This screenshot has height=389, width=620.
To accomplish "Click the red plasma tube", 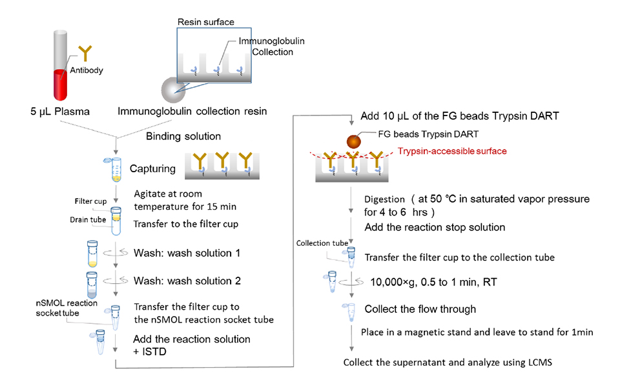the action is pyautogui.click(x=61, y=66).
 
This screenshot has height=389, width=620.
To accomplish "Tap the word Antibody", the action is pyautogui.click(x=87, y=70).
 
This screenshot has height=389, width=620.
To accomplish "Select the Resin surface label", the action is pyautogui.click(x=205, y=22).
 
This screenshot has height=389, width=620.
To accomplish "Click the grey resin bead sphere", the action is pyautogui.click(x=173, y=90).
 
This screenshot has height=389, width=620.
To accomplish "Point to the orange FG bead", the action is pyautogui.click(x=354, y=141).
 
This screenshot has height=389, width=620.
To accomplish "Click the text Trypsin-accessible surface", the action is pyautogui.click(x=452, y=151).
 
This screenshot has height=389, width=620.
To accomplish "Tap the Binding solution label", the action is pyautogui.click(x=183, y=136).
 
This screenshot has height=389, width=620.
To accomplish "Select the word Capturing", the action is pyautogui.click(x=152, y=168).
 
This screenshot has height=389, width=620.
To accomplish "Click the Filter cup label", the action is pyautogui.click(x=90, y=201).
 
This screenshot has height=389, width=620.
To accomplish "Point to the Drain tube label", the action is pyautogui.click(x=88, y=219).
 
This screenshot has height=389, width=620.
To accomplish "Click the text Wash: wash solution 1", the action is pyautogui.click(x=187, y=253).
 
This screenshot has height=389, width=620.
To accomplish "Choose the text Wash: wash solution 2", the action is pyautogui.click(x=187, y=281).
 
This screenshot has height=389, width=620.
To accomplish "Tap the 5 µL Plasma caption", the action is pyautogui.click(x=60, y=112).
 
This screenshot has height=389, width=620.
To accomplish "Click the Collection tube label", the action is pyautogui.click(x=322, y=243).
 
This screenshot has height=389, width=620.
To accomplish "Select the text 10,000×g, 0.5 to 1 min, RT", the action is pyautogui.click(x=433, y=282).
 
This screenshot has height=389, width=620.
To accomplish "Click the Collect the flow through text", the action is pyautogui.click(x=420, y=309).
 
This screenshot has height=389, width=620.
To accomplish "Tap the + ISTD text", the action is pyautogui.click(x=149, y=352).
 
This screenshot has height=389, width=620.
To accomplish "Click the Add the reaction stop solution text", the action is pyautogui.click(x=435, y=228).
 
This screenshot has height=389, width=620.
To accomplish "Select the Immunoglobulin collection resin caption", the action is pyautogui.click(x=192, y=112).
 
